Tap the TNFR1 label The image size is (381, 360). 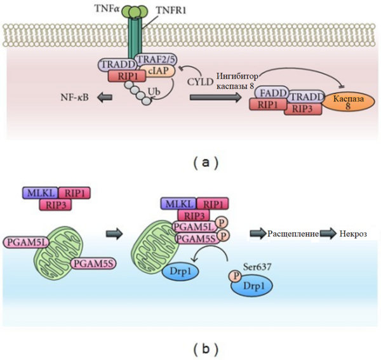(x=171, y=10)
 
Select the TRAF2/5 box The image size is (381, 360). (x=157, y=59)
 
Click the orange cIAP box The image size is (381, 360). (x=158, y=70)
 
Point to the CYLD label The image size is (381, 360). (x=200, y=82)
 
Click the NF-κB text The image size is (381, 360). (x=74, y=97)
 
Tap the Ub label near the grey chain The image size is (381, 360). (x=154, y=91)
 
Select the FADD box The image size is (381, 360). (x=272, y=93)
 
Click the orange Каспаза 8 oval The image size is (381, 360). (x=348, y=102)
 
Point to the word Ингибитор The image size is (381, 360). (x=237, y=77)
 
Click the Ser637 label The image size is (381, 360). (x=257, y=267)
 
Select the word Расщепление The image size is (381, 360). (x=293, y=234)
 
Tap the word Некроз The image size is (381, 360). (x=353, y=234)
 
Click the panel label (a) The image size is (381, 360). (x=206, y=163)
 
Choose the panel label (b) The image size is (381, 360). (x=206, y=349)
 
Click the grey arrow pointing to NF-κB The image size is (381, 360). (x=105, y=98)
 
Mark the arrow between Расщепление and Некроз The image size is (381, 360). (x=328, y=234)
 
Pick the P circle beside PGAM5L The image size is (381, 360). (x=222, y=223)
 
